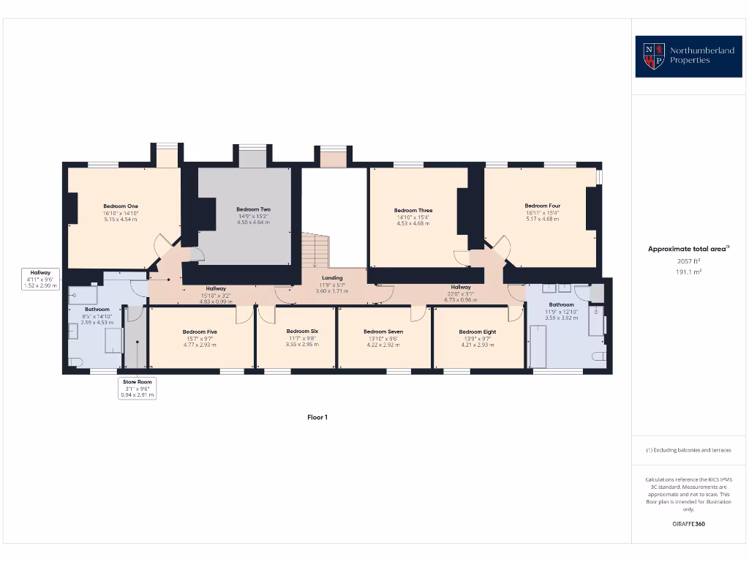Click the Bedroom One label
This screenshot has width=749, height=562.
tap(121, 206)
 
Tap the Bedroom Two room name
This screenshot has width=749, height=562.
tap(253, 209)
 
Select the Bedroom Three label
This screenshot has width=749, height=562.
tap(413, 211)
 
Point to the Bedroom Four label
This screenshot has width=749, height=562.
tap(542, 206)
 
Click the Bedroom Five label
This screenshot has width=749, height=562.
tap(200, 331)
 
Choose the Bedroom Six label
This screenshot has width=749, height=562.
tap(302, 331)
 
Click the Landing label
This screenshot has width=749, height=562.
tap(332, 278)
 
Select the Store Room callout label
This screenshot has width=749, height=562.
tap(138, 382)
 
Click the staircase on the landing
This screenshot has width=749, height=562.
tap(317, 250)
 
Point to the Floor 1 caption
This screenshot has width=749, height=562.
tap(317, 417)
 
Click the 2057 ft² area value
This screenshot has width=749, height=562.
tap(688, 260)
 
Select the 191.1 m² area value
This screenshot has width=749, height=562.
tap(688, 271)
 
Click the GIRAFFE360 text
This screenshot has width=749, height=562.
tap(688, 524)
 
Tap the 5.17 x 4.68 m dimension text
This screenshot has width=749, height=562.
tap(542, 219)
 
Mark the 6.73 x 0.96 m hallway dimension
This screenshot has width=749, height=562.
tap(461, 300)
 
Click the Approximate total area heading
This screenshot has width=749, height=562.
tap(688, 249)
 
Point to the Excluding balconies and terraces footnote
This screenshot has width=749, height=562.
tap(688, 450)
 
